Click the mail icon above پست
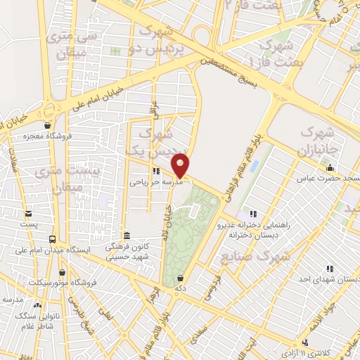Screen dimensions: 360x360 pos(27,214)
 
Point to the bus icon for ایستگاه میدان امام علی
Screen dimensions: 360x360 pos(52,239)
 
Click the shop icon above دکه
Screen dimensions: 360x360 pos(181,278)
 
